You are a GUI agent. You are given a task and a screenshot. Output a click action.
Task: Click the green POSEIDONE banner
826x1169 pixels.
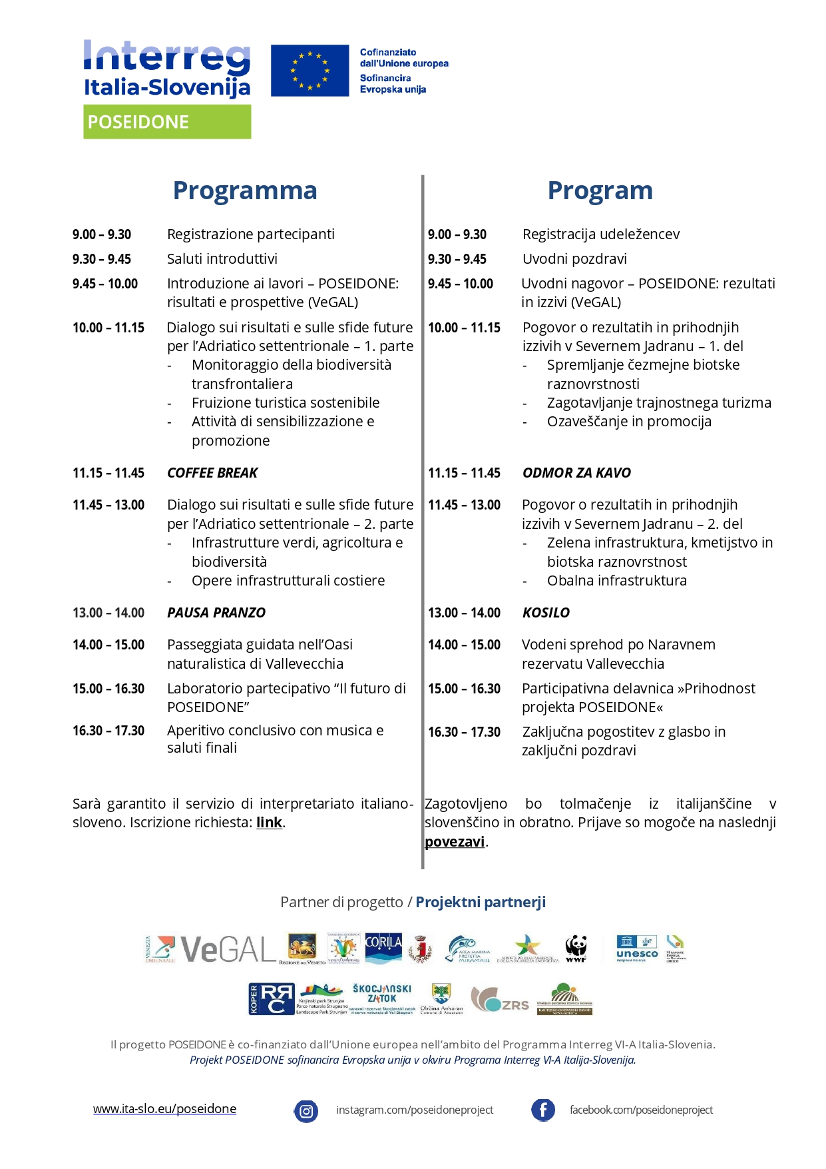click(x=167, y=122)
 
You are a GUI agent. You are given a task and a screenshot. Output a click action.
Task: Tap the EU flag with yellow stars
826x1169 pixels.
click(x=310, y=71)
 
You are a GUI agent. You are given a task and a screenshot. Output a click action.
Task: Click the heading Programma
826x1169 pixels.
click(x=245, y=191)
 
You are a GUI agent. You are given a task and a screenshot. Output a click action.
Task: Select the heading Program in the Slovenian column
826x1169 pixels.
click(x=600, y=191)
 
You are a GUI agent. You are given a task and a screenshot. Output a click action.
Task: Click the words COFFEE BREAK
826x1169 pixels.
click(x=212, y=473)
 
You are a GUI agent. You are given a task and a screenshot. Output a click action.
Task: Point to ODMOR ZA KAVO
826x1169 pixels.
click(x=576, y=473)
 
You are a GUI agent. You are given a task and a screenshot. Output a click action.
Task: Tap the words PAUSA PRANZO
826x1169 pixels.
click(x=216, y=613)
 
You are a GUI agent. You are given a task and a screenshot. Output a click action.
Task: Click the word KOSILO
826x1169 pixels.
click(x=546, y=613)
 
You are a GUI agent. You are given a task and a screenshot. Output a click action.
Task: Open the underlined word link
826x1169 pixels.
click(x=269, y=823)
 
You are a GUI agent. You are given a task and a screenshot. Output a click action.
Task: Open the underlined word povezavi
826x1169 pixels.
click(x=455, y=842)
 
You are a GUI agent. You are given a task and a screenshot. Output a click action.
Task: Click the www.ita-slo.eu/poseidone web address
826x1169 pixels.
click(x=164, y=1109)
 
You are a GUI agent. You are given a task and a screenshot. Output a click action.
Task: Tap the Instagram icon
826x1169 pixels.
click(x=306, y=1110)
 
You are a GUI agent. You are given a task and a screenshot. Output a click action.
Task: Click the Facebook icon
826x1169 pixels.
click(x=543, y=1110)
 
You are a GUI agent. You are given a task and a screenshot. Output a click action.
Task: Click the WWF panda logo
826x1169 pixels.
click(x=576, y=947)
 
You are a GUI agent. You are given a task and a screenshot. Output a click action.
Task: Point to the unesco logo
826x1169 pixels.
click(x=637, y=949)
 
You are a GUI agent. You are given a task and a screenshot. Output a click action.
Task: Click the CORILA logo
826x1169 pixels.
click(x=383, y=946)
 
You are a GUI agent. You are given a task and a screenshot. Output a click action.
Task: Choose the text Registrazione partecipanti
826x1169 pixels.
click(x=251, y=234)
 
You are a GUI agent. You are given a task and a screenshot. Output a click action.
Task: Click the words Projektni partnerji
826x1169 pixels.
click(x=481, y=903)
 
